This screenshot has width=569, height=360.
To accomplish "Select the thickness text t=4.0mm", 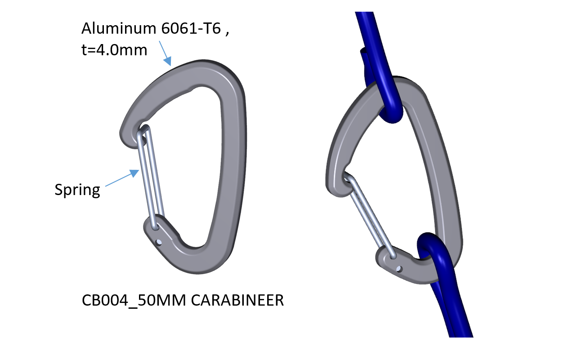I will click(x=114, y=50).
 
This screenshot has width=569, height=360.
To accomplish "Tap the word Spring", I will click(x=77, y=189).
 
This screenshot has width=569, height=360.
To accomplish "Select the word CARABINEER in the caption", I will click(x=237, y=300).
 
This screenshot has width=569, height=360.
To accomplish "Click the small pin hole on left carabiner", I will click(x=158, y=243).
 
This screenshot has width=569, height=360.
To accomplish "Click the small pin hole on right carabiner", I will click(x=399, y=269).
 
